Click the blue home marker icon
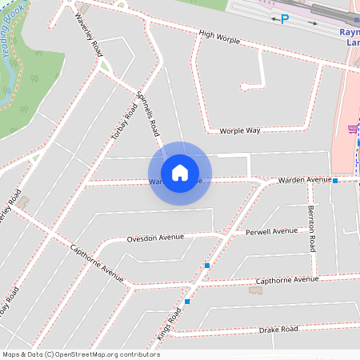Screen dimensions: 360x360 point(180,173)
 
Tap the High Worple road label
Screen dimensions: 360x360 point(220,36)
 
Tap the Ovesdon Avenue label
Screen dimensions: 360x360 point(155,238)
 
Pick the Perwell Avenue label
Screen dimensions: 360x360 point(271,232)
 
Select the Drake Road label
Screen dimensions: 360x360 point(278,330)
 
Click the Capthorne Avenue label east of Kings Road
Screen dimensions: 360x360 point(286,281)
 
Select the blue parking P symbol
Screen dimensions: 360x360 point(284,19)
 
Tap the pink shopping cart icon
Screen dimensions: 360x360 point(352,129)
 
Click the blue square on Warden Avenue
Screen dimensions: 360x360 point(335,181)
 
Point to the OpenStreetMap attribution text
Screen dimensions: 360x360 point(80,354)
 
